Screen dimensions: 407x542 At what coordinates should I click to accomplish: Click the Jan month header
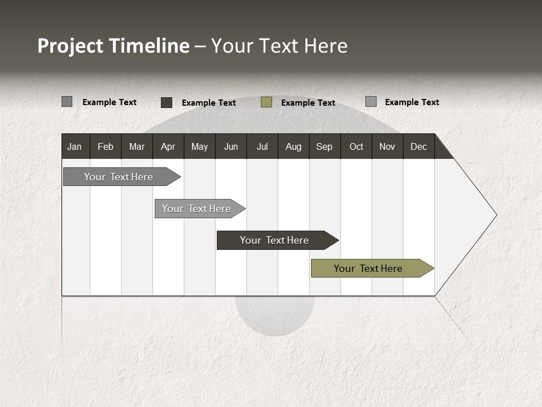click(x=75, y=146)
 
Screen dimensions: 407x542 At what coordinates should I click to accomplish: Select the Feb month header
click(x=106, y=146)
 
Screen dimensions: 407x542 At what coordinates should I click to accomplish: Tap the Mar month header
click(x=137, y=146)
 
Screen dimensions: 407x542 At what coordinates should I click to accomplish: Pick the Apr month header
click(x=168, y=146)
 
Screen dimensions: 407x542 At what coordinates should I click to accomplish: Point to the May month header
click(x=199, y=146)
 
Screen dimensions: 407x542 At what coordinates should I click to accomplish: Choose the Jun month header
click(x=231, y=146)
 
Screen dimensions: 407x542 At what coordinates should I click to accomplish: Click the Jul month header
click(x=262, y=146)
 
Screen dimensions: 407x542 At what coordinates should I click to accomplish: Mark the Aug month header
click(x=294, y=146)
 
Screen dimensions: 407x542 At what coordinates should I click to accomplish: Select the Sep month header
click(x=325, y=146)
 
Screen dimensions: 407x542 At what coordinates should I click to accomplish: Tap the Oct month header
click(x=356, y=146)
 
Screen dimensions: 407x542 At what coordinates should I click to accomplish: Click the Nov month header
click(x=387, y=146)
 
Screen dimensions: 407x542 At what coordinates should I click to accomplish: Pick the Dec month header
click(x=419, y=146)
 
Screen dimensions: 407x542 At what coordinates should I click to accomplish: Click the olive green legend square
click(x=266, y=102)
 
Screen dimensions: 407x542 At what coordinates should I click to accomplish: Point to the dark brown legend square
click(x=167, y=102)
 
